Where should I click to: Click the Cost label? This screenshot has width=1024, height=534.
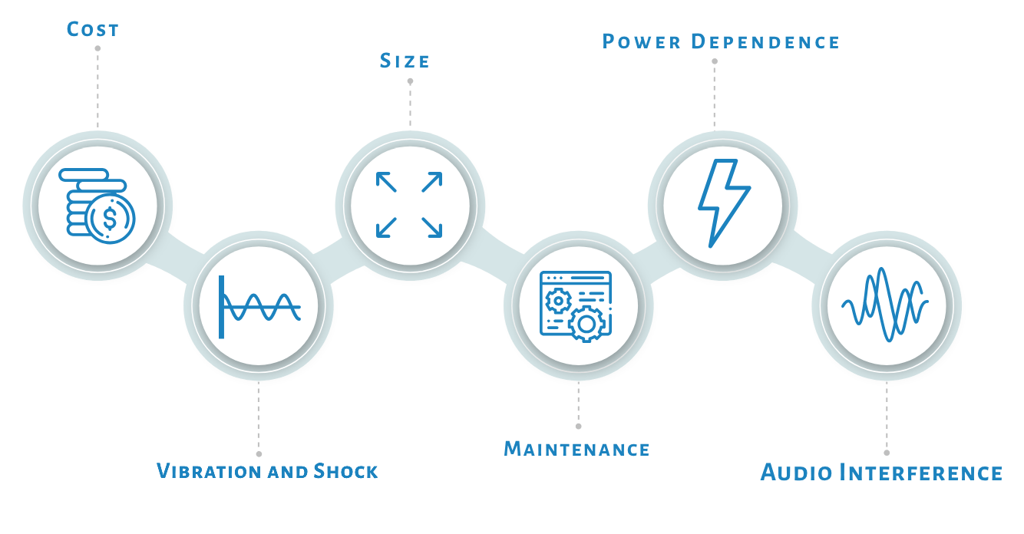pyautogui.click(x=92, y=30)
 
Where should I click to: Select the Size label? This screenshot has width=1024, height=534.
pyautogui.click(x=405, y=61)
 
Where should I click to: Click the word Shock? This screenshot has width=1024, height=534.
pyautogui.click(x=346, y=470)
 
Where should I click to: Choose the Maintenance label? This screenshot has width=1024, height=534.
pyautogui.click(x=576, y=447)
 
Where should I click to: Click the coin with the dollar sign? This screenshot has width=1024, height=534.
pyautogui.click(x=111, y=219)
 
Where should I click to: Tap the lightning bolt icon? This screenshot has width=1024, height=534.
pyautogui.click(x=722, y=201)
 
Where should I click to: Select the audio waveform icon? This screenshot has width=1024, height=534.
pyautogui.click(x=885, y=304)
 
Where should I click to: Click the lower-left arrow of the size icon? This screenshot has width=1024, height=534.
pyautogui.click(x=385, y=227)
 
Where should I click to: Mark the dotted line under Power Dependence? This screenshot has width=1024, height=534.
pyautogui.click(x=714, y=96)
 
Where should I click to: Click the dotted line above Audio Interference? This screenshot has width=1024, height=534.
pyautogui.click(x=887, y=418)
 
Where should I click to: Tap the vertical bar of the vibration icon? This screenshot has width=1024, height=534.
pyautogui.click(x=221, y=307)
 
